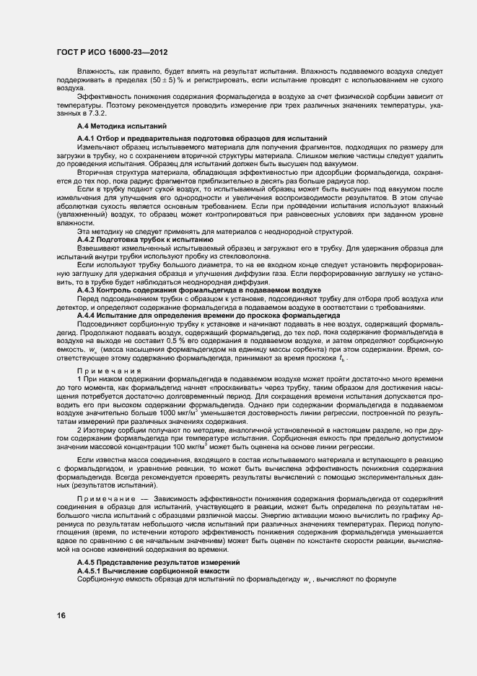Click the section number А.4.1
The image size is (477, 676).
(87, 138)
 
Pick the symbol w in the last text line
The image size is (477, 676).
(307, 580)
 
